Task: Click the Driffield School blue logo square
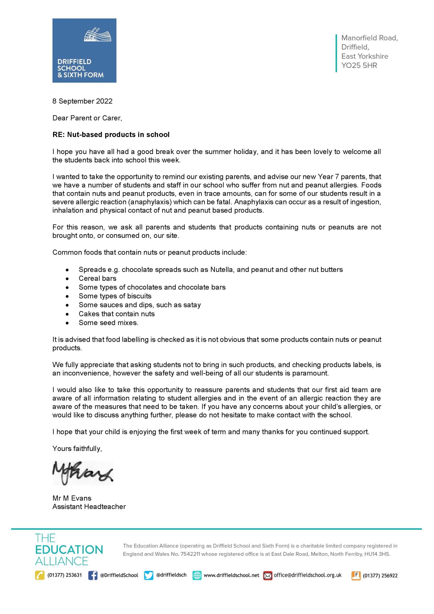[x=84, y=50]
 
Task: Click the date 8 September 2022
[x=82, y=101]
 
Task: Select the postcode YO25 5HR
[x=359, y=65]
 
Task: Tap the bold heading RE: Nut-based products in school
[x=111, y=135]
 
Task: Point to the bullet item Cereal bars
[x=97, y=278]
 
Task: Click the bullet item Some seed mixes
[x=108, y=323]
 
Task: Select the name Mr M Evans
[x=72, y=498]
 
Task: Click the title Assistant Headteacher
[x=89, y=507]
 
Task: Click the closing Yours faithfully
[x=77, y=449]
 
